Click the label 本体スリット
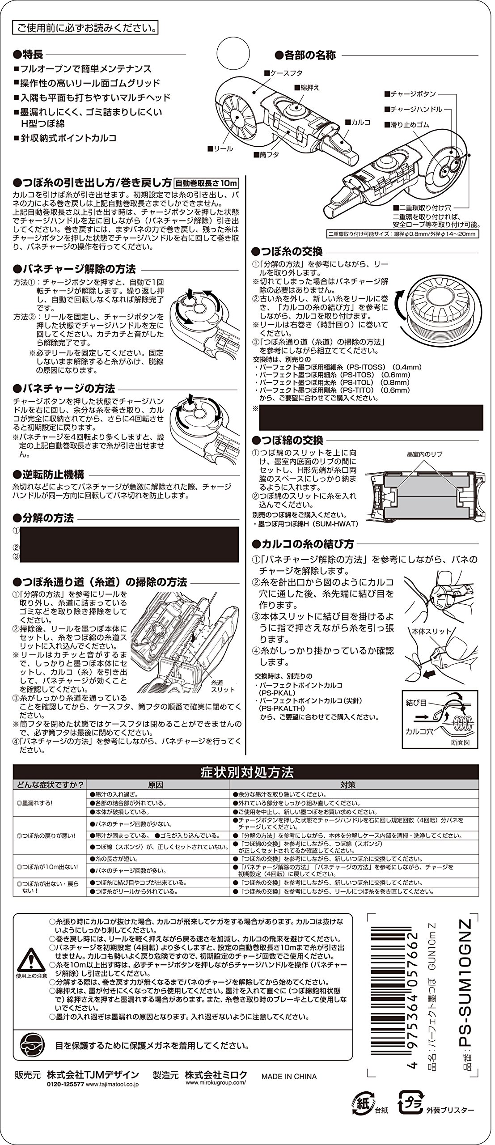click(425, 631)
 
